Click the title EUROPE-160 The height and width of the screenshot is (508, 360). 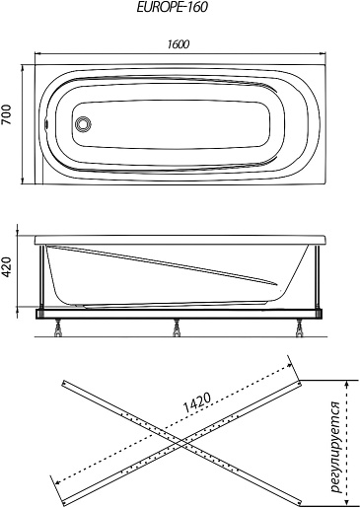click(x=172, y=7)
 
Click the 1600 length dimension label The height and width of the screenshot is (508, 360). click(x=179, y=44)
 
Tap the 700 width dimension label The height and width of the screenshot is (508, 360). click(x=7, y=114)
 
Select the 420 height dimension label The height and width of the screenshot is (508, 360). click(x=7, y=267)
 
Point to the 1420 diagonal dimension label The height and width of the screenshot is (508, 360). click(x=196, y=402)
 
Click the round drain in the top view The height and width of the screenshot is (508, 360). click(x=83, y=124)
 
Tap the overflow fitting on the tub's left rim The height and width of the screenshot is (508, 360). click(x=46, y=124)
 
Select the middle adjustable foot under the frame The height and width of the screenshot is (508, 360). click(x=177, y=327)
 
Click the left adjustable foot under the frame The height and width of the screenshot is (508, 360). click(x=59, y=327)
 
